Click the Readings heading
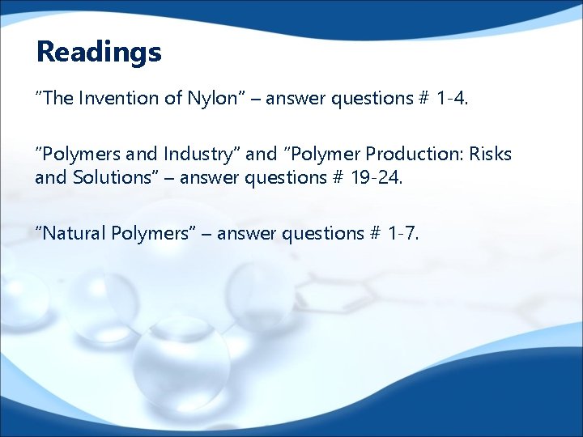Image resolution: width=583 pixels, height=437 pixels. coord(99,53)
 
